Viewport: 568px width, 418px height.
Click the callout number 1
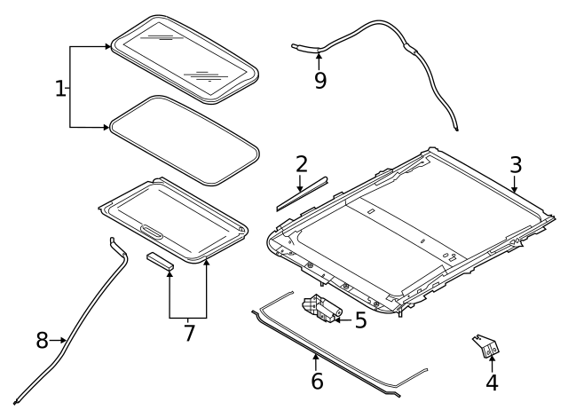[x=60, y=89]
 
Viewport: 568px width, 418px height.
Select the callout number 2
[x=302, y=164]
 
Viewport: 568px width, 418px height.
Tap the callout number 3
[x=516, y=165]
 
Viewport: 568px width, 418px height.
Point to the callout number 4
[x=491, y=383]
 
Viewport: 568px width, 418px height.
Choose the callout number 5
[x=360, y=319]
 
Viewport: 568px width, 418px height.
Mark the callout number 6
[x=317, y=382]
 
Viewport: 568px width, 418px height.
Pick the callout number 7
[x=187, y=335]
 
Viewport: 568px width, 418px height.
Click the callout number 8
[x=42, y=339]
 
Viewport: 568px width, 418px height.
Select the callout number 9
[x=319, y=81]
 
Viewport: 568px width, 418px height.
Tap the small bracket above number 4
[x=486, y=346]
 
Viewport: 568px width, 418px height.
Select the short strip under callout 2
[x=300, y=194]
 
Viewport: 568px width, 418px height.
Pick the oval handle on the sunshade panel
[x=152, y=233]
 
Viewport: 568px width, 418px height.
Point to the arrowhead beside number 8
[x=64, y=339]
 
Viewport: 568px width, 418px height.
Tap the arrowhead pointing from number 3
[x=515, y=189]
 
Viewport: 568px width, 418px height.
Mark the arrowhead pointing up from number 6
[x=315, y=357]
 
